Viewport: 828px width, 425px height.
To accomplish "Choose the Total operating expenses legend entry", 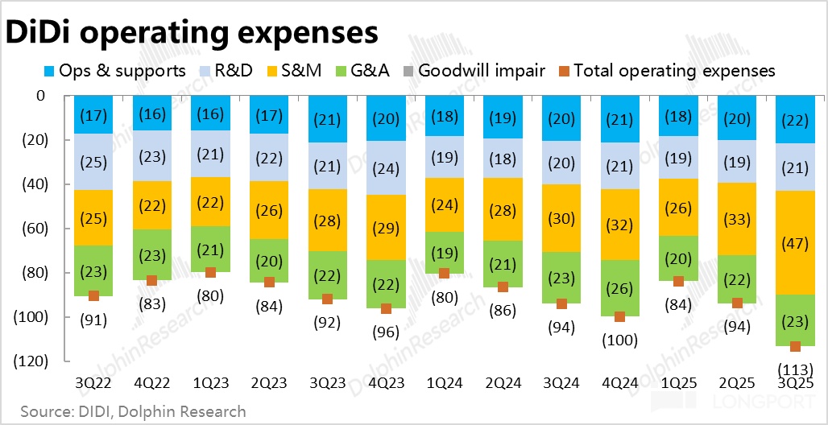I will pyautogui.click(x=665, y=71).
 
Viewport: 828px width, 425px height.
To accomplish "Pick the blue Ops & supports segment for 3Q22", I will pyautogui.click(x=93, y=115).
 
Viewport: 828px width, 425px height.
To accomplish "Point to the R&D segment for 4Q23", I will pyautogui.click(x=386, y=168).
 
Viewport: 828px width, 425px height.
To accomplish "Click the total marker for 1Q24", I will pyautogui.click(x=444, y=274).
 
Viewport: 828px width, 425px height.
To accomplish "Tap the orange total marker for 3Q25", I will pyautogui.click(x=796, y=346).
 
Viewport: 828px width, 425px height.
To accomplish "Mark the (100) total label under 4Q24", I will pyautogui.click(x=620, y=340).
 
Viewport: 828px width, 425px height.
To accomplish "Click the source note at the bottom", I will pyautogui.click(x=133, y=411).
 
